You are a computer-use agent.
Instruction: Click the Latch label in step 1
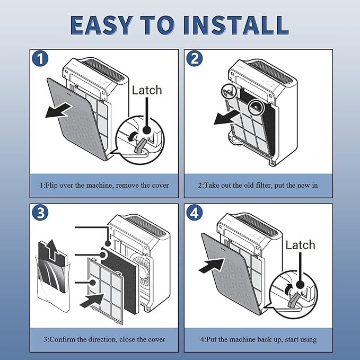(x=146, y=90)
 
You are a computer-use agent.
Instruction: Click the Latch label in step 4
(x=300, y=245)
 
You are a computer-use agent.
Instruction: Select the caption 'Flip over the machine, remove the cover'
(x=104, y=185)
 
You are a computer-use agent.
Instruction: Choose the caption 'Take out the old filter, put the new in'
(x=258, y=185)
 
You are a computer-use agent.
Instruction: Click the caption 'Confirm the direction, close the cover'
(x=104, y=339)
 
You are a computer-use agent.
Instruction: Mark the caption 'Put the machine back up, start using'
(x=258, y=339)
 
